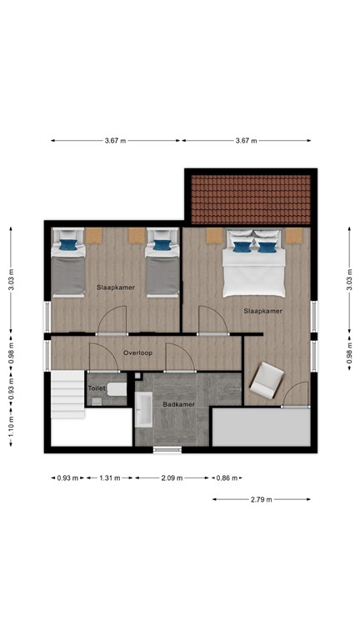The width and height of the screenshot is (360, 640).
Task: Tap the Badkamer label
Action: pos(178,404)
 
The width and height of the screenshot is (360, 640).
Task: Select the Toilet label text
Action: pos(97,388)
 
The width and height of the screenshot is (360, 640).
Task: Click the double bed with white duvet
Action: pos(253,264)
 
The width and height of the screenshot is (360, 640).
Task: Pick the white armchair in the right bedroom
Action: pos(266,380)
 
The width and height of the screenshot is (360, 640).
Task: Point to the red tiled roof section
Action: pos(250,197)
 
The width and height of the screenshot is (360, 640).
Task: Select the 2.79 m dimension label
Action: pos(262,499)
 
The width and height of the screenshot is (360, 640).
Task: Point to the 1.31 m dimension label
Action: pos(110,478)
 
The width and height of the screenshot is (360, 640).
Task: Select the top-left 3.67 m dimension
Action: pos(116,141)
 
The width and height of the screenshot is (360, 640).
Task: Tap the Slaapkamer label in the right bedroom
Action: pos(262,311)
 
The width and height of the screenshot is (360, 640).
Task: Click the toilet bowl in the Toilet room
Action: pos(117,389)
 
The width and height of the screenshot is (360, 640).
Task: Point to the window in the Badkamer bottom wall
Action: pos(167,450)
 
